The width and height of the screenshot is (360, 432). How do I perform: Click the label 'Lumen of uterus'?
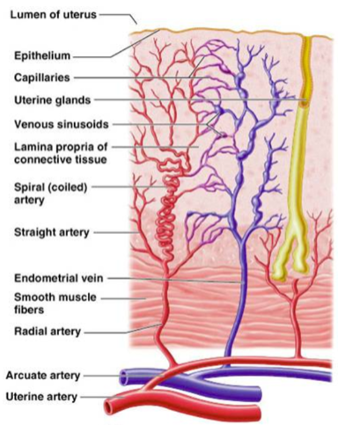53,14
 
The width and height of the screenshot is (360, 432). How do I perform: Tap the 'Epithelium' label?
42,55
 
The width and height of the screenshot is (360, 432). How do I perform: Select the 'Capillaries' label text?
42,77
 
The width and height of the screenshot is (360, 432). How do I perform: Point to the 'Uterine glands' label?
53,100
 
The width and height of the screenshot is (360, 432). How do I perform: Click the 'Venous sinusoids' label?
62,124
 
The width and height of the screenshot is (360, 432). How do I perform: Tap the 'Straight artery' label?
52,232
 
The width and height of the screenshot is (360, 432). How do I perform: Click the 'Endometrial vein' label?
59,278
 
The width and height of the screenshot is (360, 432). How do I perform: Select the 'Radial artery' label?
48,332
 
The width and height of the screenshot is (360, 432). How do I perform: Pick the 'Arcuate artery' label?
43,376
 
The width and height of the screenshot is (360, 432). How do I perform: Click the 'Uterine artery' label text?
41,397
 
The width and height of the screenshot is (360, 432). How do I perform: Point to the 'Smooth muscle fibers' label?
55,304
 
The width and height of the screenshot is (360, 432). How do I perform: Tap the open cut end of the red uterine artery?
109,407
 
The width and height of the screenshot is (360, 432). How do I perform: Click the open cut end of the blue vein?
123,377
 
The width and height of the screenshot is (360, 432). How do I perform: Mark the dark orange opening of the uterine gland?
305,101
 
